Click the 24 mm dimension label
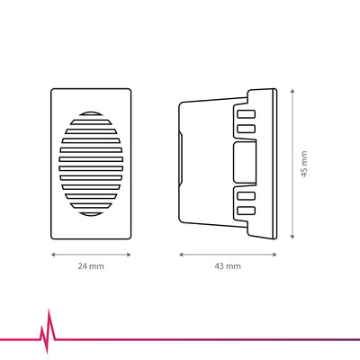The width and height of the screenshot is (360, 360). (x=91, y=266)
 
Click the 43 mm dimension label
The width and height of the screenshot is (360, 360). (x=228, y=266)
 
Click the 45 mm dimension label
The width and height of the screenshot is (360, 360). (x=304, y=164)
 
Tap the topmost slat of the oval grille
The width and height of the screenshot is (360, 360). (x=91, y=113)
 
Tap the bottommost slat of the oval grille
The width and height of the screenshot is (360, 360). (x=91, y=214)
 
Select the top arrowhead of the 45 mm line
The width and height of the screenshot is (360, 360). (x=292, y=91)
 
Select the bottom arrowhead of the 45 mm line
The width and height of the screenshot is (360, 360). (x=292, y=237)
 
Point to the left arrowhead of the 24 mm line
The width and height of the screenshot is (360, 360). (x=53, y=255)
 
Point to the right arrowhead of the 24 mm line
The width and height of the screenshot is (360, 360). (x=129, y=255)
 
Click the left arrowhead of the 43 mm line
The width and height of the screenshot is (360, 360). (x=181, y=255)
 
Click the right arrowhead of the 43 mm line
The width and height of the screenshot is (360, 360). (x=274, y=255)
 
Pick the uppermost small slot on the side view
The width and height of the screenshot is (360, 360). (x=246, y=114)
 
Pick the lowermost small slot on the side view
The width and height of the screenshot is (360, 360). (x=246, y=211)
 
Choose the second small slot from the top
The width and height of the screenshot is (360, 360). (x=246, y=129)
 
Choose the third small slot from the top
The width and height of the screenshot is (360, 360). (x=246, y=195)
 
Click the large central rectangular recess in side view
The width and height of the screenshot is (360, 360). (x=245, y=162)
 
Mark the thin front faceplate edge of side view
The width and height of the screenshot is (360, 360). (x=274, y=164)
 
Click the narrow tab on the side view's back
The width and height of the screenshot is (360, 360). (x=180, y=158)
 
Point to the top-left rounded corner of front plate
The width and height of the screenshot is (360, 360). (x=52, y=90)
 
